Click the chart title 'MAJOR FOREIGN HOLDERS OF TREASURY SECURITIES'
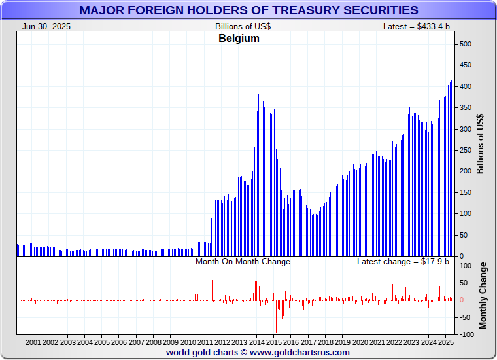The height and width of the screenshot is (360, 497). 248,10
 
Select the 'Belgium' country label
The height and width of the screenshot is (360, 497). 239,39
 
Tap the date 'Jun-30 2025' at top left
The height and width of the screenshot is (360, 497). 46,26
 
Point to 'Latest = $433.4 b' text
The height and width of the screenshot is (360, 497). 416,26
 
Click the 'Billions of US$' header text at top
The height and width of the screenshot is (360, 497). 243,26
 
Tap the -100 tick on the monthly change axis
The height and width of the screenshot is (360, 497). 467,334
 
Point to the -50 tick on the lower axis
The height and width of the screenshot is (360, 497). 467,317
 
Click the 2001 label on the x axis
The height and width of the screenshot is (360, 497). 33,342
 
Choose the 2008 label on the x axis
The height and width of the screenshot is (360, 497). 153,342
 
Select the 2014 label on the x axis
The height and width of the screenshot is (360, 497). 256,342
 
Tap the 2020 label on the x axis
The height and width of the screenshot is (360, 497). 360,342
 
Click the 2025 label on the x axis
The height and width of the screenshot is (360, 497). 445,342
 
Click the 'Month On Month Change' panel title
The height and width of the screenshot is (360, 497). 243,262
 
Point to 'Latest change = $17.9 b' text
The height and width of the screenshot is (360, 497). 403,262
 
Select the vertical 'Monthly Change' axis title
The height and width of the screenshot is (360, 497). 483,296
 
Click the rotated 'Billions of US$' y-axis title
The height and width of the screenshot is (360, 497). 481,144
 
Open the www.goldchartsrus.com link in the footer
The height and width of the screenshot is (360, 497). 300,352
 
